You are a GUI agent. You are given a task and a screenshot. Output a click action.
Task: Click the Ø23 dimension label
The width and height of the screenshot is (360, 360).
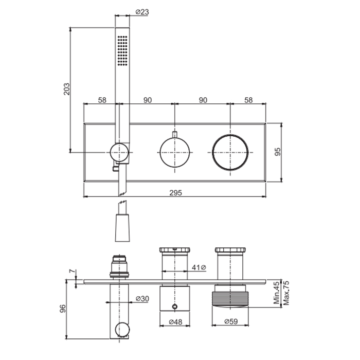(x=142, y=11)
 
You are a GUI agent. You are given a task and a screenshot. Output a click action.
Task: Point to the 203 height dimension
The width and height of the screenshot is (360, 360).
(x=66, y=89)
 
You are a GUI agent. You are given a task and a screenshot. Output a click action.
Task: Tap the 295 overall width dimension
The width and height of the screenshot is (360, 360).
(x=176, y=193)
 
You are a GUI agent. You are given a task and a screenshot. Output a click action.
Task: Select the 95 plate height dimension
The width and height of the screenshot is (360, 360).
(x=278, y=152)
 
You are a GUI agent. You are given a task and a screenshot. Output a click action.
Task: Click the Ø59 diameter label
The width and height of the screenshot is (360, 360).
(x=231, y=321)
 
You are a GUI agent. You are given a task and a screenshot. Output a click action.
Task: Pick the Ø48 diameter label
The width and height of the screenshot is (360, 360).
(x=175, y=322)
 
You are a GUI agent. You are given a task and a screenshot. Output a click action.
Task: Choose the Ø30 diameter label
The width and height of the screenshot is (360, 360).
(x=142, y=298)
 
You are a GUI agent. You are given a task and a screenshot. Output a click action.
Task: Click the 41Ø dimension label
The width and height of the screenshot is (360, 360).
(x=199, y=267)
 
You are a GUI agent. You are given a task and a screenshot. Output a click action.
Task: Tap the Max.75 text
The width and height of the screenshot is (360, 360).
(x=286, y=293)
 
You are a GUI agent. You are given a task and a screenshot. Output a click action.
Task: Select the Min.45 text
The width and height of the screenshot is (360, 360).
(x=277, y=293)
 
